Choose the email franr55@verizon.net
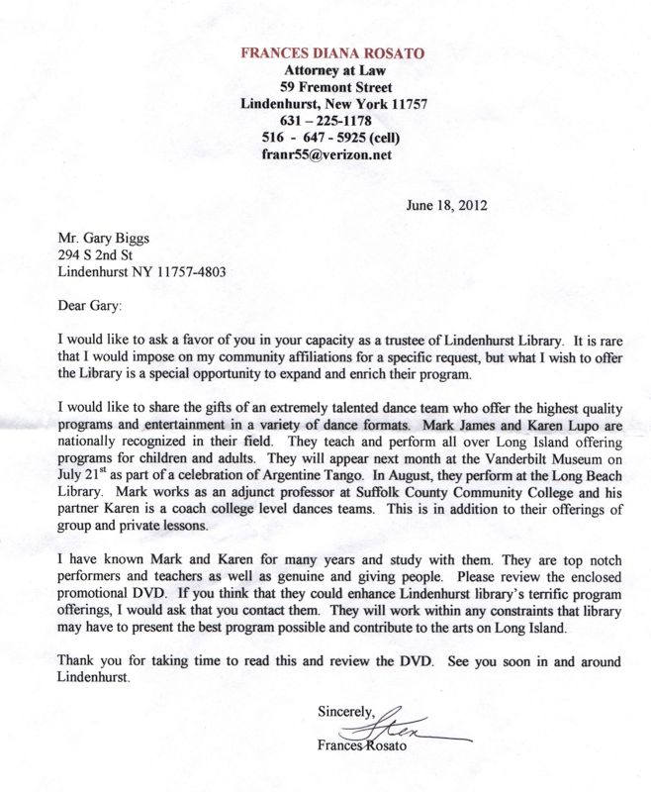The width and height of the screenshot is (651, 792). tap(326, 154)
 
